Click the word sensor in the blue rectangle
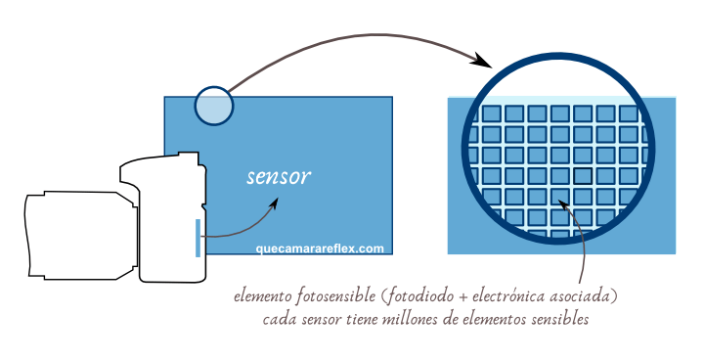[279, 177]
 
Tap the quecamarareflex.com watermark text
[320, 248]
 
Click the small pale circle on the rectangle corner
[214, 106]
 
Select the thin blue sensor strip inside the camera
[198, 238]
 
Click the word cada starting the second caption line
[280, 319]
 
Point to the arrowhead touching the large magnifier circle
[480, 62]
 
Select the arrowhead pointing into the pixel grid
[563, 203]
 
